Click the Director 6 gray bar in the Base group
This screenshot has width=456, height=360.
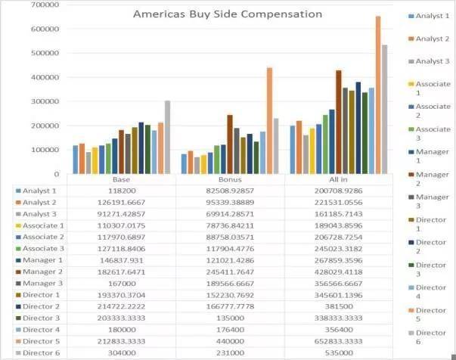tap(167, 137)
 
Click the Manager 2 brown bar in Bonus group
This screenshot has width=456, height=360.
tap(230, 144)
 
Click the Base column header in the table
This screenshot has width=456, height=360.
tap(121, 180)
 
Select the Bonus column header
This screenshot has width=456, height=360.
tap(230, 180)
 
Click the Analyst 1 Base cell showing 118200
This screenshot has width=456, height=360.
tap(121, 191)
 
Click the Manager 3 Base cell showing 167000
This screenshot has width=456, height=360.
tap(121, 283)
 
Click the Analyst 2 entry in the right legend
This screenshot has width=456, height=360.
tap(433, 39)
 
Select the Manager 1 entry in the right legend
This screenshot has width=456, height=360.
tap(433, 156)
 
